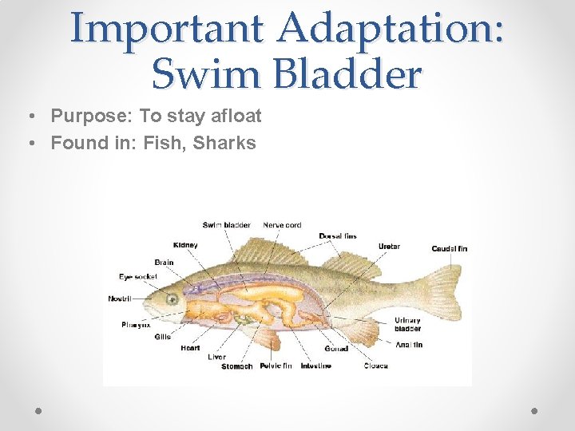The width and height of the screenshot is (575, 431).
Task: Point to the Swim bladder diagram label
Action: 226,225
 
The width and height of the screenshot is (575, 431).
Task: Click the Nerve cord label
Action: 282,225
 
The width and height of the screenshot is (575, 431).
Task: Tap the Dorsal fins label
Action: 338,236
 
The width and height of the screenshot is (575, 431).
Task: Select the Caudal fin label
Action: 449,248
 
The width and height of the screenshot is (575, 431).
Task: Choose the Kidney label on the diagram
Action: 185,244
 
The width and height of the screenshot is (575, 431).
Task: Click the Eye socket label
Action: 138,276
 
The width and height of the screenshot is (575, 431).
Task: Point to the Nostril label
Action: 120,299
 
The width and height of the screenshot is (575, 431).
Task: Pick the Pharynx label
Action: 136,325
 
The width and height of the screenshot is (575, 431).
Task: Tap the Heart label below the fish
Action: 190,348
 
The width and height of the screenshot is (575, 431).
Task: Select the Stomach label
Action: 236,366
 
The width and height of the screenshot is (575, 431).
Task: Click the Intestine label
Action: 315,366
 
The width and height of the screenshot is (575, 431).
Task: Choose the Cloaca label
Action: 375,366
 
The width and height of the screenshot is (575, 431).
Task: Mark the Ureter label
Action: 389,247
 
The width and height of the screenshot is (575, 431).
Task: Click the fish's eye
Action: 171,299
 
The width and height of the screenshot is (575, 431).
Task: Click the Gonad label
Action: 335,349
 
